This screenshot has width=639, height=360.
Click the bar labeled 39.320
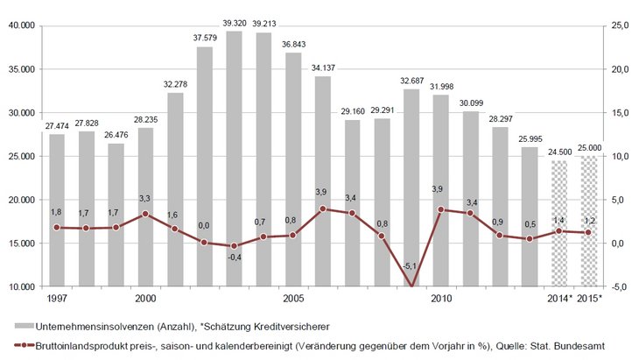click(234, 158)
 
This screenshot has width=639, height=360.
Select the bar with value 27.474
click(57, 210)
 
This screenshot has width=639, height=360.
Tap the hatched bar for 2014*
click(559, 223)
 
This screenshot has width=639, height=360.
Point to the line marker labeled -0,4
click(234, 246)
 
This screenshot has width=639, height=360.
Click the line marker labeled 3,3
click(145, 214)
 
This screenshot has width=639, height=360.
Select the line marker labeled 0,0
click(204, 243)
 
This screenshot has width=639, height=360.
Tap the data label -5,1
click(411, 266)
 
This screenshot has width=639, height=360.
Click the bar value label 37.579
click(204, 38)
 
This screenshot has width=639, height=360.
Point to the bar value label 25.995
click(530, 138)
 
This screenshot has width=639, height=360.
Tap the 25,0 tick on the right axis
click(621, 25)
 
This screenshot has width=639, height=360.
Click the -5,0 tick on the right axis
click(621, 286)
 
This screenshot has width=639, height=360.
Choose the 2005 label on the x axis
click(293, 299)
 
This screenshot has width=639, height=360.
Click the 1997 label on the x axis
click(57, 299)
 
